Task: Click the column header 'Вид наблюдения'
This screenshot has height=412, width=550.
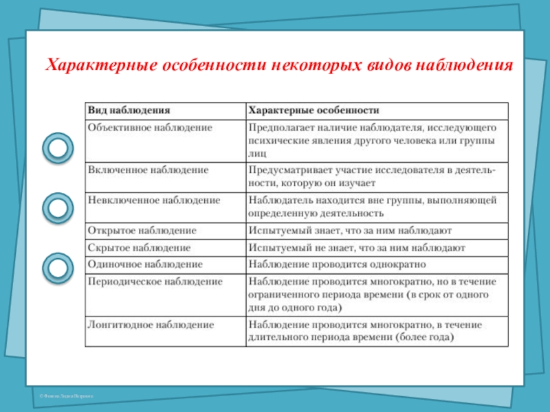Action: (x=128, y=110)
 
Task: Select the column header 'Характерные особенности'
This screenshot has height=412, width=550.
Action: (x=313, y=110)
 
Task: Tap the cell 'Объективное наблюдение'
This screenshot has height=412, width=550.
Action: (x=148, y=128)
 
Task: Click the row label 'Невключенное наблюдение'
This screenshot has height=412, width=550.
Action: (x=153, y=200)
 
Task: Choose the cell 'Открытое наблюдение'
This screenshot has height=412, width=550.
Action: (x=142, y=231)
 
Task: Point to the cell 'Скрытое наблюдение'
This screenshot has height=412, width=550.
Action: (x=138, y=247)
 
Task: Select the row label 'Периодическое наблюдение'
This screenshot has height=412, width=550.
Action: (x=154, y=282)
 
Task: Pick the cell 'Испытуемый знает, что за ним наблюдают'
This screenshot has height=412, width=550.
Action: (x=350, y=231)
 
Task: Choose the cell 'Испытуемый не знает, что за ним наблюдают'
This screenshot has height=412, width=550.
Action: (x=357, y=247)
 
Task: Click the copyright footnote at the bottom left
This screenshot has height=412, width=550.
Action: (x=66, y=397)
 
